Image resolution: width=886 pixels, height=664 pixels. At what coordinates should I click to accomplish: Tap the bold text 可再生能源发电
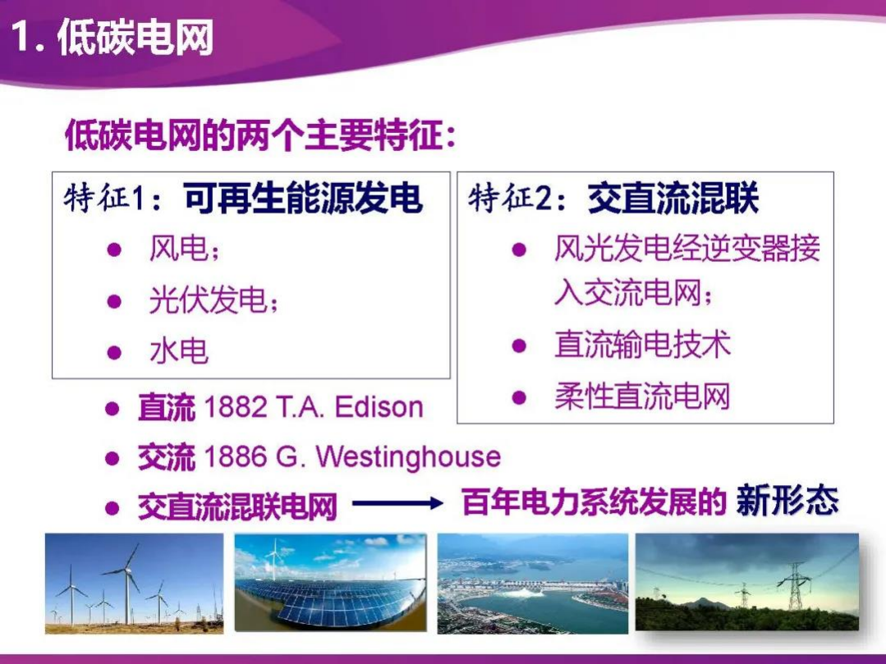(302, 199)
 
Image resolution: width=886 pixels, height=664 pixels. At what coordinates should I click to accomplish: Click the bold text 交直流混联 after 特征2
(673, 199)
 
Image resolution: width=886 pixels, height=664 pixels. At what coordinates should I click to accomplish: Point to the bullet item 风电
(179, 249)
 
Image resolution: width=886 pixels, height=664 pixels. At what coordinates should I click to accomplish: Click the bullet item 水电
(179, 351)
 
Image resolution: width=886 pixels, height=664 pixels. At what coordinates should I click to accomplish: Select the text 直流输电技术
(642, 345)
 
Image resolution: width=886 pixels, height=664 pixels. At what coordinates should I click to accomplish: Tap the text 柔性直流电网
(642, 397)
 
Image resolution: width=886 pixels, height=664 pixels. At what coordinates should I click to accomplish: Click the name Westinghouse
(407, 457)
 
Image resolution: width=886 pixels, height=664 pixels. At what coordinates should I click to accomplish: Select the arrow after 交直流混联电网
(397, 505)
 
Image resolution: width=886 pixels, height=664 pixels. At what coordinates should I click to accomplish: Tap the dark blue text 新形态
(787, 501)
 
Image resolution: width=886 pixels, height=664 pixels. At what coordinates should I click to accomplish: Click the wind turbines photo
(134, 583)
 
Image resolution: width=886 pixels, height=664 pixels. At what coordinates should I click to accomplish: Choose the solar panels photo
(330, 583)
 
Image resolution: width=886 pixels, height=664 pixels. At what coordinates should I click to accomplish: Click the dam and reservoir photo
(532, 583)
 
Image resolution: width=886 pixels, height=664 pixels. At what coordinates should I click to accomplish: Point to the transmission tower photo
(746, 583)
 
